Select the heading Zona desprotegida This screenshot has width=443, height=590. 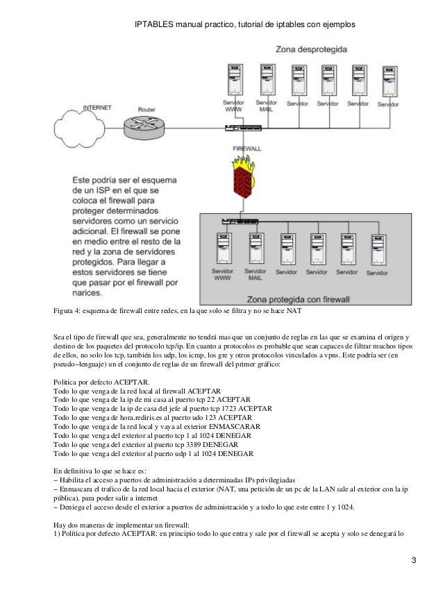(310, 51)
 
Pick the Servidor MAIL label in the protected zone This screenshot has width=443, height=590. (256, 275)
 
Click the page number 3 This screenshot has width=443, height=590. (414, 560)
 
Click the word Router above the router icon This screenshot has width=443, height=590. (147, 110)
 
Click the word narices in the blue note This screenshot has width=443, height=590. (90, 294)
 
